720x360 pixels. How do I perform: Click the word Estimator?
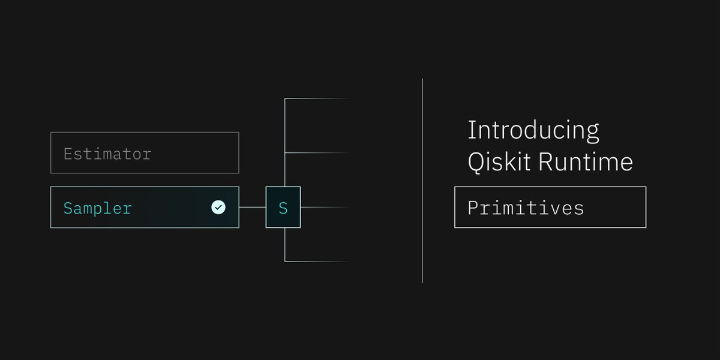coord(107,154)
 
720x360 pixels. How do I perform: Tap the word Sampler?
coord(98,208)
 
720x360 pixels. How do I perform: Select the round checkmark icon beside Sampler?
coord(218,208)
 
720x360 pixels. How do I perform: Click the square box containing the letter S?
coord(283,208)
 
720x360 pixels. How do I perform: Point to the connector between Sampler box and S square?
coord(253,208)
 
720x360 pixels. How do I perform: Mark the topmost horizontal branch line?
coord(317,98)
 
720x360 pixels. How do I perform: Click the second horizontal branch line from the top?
coord(317,153)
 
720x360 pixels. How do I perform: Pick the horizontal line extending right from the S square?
coord(324,208)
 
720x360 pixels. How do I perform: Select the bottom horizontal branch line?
coord(317,262)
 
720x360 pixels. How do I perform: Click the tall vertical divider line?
coord(422,180)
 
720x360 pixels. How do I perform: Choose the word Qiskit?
coord(499,163)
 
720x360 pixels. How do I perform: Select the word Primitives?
coord(526,208)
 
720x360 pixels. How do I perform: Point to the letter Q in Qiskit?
coord(476,163)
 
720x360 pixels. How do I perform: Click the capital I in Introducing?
coord(471,131)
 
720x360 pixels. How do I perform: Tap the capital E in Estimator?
coord(68,154)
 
